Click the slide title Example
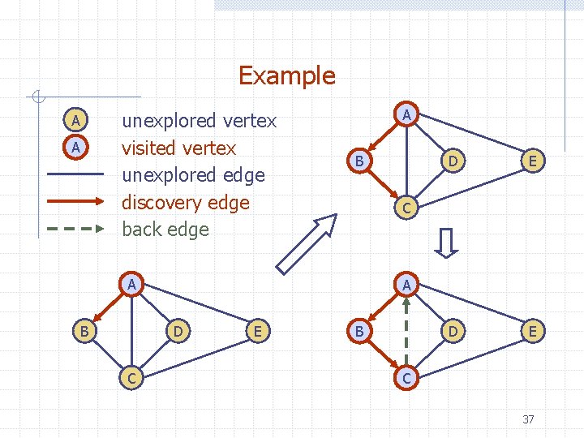pos(286,75)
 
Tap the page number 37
pos(528,419)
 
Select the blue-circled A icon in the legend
pos(75,121)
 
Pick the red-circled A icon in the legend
pos(75,148)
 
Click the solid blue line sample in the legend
pos(75,174)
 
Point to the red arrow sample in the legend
pos(75,201)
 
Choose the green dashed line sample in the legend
pos(75,229)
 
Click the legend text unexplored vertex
pos(199,121)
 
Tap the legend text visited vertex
pos(178,148)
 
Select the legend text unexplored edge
pos(193,175)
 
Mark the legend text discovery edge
pos(186,202)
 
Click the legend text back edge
pos(165,230)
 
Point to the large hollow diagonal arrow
pos(306,243)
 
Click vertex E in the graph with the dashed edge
pos(533,331)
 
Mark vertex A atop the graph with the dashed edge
pos(408,285)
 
